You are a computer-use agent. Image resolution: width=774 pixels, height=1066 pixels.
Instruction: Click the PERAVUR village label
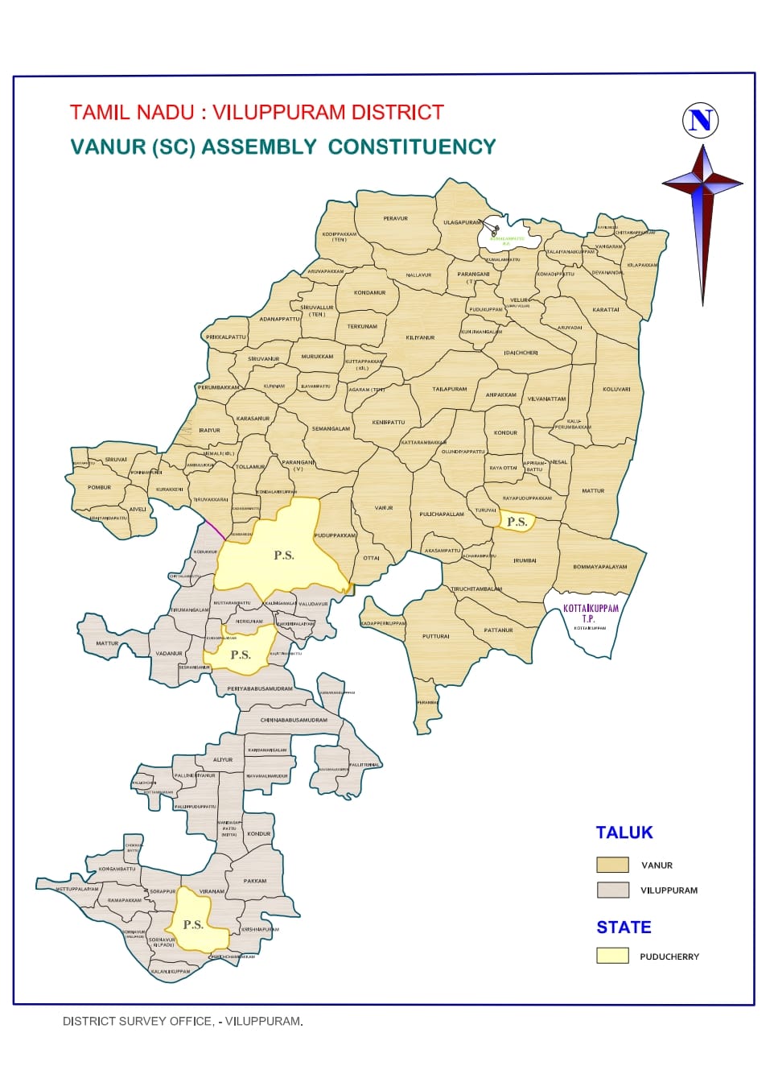pos(395,218)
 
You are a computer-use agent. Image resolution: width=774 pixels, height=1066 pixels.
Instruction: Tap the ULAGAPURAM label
pos(463,222)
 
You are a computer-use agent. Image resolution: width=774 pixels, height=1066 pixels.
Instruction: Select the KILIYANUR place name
pos(420,337)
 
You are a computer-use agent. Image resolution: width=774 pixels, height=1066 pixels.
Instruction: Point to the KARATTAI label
pos(606,309)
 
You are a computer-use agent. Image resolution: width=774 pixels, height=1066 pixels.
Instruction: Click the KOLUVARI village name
pos(616,389)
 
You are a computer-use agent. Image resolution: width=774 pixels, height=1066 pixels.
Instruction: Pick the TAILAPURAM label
pos(449,389)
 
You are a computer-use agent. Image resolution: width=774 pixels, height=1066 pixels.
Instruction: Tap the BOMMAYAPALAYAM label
pos(599,567)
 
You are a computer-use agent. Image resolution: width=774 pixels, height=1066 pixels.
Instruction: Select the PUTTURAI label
pos(436,636)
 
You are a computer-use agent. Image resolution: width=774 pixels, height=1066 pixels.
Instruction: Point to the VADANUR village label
pos(169,653)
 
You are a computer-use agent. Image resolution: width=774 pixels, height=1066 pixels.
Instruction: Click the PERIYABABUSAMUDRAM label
pos(260,688)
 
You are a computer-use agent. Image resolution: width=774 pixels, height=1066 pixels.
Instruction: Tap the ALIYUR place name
pos(223,759)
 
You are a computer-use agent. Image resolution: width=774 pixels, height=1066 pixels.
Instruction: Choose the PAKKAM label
pos(255,881)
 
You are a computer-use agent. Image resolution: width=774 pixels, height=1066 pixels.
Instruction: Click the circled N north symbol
pos(700,120)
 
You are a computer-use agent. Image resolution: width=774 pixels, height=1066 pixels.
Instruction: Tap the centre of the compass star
pos(702,184)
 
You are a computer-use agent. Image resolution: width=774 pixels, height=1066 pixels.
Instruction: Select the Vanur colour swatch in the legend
pos(612,865)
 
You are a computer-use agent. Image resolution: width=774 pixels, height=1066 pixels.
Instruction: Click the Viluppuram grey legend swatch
pos(612,890)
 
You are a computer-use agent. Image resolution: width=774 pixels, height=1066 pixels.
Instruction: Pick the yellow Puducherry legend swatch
pos(612,956)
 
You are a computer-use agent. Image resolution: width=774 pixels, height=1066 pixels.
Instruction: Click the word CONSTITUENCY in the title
pos(411,147)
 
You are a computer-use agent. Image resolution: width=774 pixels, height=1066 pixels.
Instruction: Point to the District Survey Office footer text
pos(183,1021)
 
